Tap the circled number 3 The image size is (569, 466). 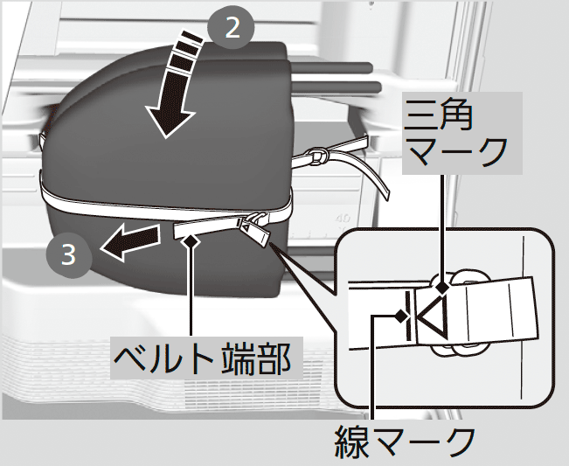tap(67, 255)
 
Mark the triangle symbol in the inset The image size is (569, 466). tap(434, 316)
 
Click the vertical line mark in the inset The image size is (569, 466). tap(410, 316)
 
